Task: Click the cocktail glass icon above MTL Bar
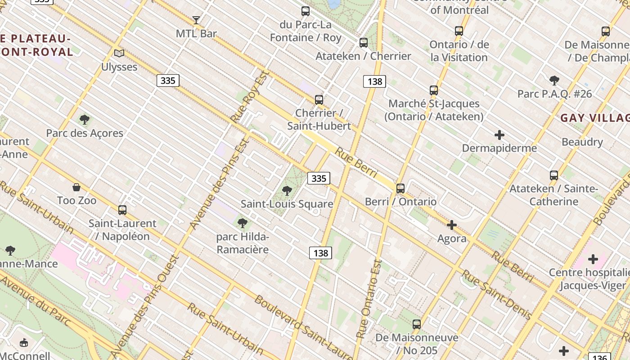[x=196, y=20]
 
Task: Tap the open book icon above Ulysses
[x=119, y=54]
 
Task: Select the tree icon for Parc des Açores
[x=84, y=120]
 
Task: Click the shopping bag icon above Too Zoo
[x=76, y=187]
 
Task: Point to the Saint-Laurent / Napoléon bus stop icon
[x=122, y=210]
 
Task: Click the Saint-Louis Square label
[x=287, y=204]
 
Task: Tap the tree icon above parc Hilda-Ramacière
[x=243, y=223]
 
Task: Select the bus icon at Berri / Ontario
[x=400, y=189]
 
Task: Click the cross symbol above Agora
[x=452, y=225]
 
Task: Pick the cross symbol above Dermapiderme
[x=499, y=135]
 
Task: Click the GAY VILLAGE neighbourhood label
[x=594, y=118]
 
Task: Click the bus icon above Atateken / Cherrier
[x=364, y=43]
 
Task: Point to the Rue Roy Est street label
[x=249, y=96]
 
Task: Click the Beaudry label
[x=582, y=142]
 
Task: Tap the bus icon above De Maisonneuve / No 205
[x=417, y=324]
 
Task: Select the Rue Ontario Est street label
[x=369, y=299]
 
